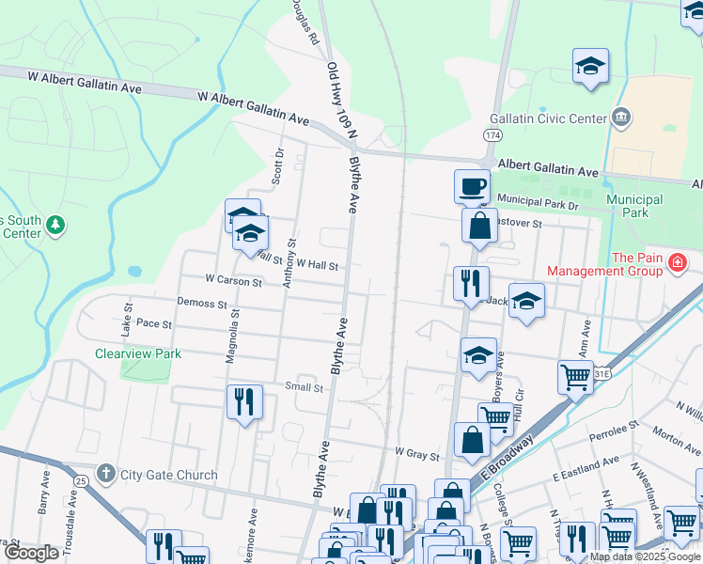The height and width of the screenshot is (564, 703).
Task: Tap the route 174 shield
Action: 492,135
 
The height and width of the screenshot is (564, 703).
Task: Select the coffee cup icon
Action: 472,184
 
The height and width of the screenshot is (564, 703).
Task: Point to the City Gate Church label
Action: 169,475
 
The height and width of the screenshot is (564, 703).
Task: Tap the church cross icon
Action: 107,474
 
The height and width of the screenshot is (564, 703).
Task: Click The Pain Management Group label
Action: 637,265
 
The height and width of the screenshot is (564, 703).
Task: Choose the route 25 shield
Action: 82,480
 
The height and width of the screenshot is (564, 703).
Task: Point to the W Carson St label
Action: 234,280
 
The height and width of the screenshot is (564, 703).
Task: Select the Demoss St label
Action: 202,305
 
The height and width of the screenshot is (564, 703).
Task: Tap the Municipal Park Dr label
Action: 540,200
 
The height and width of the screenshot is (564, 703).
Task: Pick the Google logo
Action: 31,553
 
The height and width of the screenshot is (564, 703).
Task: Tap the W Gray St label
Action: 416,455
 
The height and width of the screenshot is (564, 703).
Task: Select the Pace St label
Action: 154,323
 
